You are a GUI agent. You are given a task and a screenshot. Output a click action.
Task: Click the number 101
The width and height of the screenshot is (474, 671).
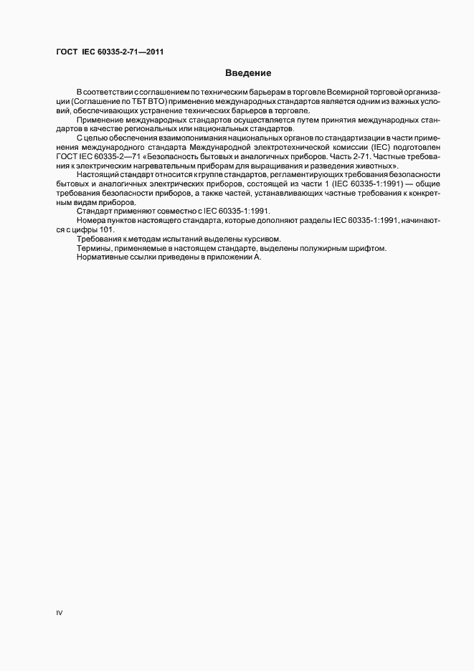point(105,229)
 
